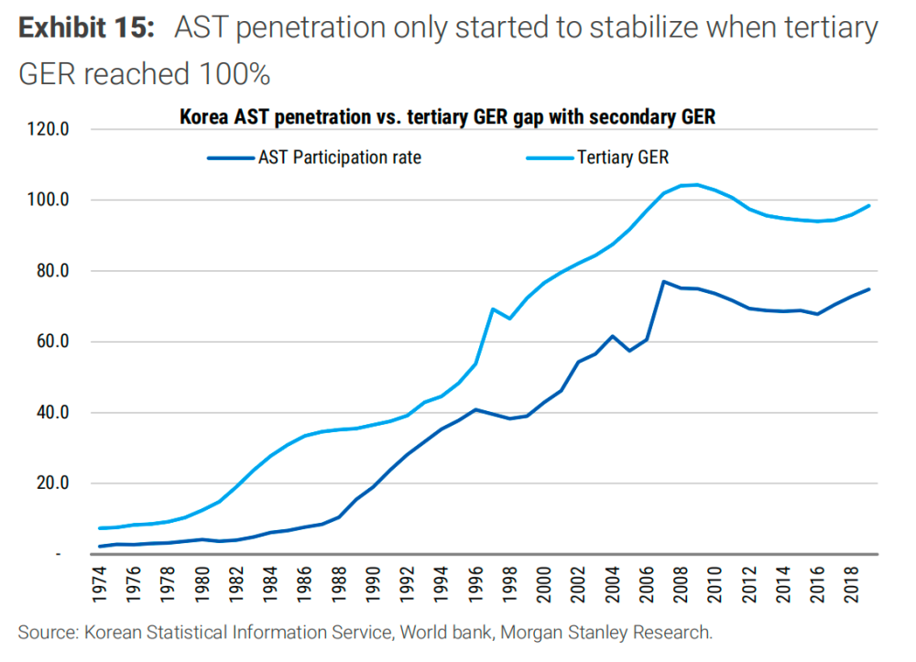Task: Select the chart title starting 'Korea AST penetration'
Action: click(x=446, y=117)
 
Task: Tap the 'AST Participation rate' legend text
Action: click(x=340, y=157)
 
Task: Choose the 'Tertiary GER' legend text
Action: click(x=623, y=157)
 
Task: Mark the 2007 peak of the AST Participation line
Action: click(x=663, y=282)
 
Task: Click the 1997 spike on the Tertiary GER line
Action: click(x=493, y=309)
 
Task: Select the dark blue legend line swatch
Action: click(x=230, y=157)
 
